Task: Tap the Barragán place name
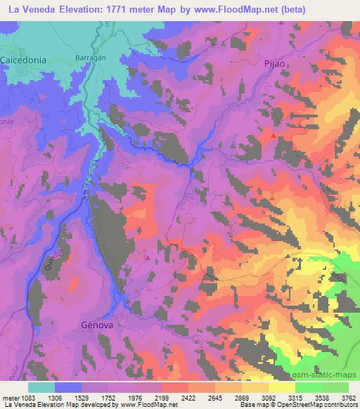(x=90, y=59)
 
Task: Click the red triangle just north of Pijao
(x=281, y=22)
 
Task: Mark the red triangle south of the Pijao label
(x=274, y=134)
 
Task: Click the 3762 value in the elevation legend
(x=349, y=397)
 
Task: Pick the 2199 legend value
(x=161, y=397)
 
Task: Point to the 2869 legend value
(x=242, y=397)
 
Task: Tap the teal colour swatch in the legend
(x=41, y=387)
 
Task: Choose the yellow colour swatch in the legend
(x=281, y=387)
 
